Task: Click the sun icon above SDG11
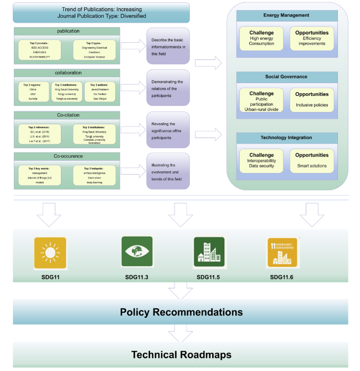pyautogui.click(x=50, y=253)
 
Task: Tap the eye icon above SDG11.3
pyautogui.click(x=137, y=252)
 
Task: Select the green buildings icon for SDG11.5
pyautogui.click(x=209, y=253)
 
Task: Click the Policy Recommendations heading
pyautogui.click(x=181, y=312)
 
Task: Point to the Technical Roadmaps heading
pyautogui.click(x=181, y=354)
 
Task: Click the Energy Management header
pyautogui.click(x=287, y=16)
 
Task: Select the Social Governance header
pyautogui.click(x=287, y=77)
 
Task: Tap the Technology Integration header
pyautogui.click(x=287, y=138)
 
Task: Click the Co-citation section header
pyautogui.click(x=68, y=115)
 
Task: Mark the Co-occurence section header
pyautogui.click(x=68, y=157)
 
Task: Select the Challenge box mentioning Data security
pyautogui.click(x=261, y=160)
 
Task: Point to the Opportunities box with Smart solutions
pyautogui.click(x=312, y=160)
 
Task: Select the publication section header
pyautogui.click(x=68, y=31)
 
